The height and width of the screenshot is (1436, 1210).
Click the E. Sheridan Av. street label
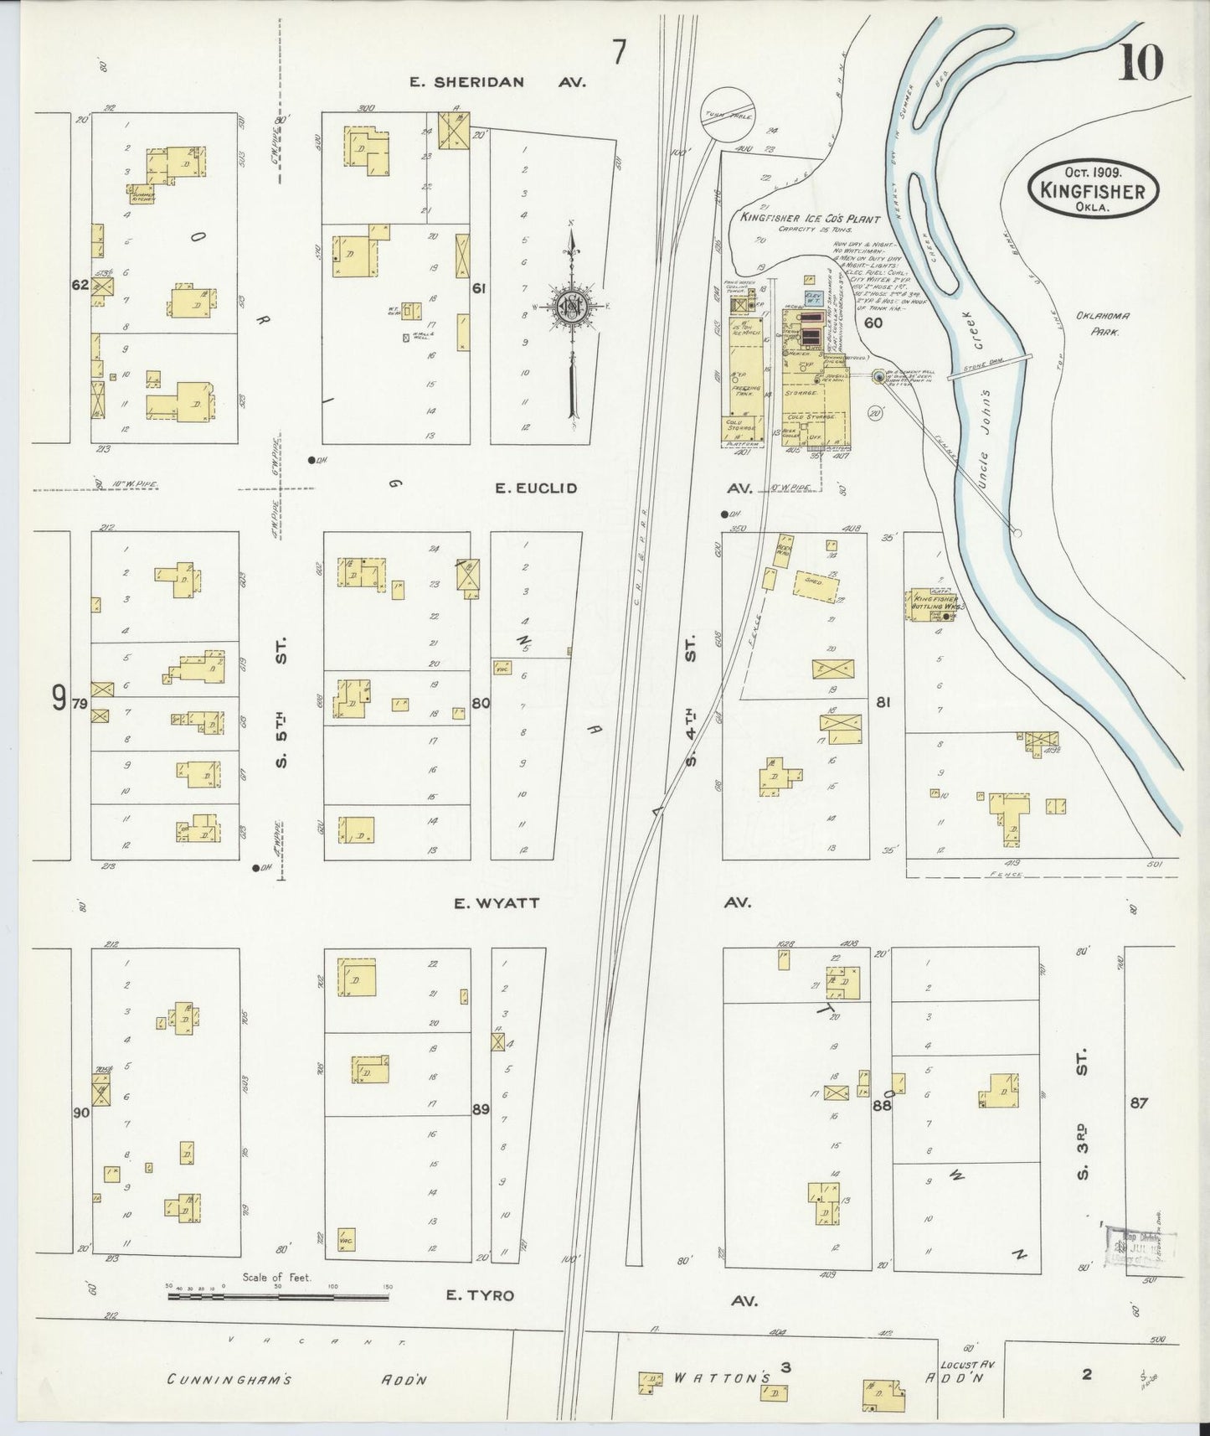coord(498,82)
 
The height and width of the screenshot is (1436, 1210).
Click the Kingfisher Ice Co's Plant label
coord(809,219)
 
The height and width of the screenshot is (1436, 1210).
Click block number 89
coord(480,1109)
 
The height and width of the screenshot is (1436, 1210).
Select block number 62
coord(80,285)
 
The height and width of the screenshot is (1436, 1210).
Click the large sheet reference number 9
coord(58,698)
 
